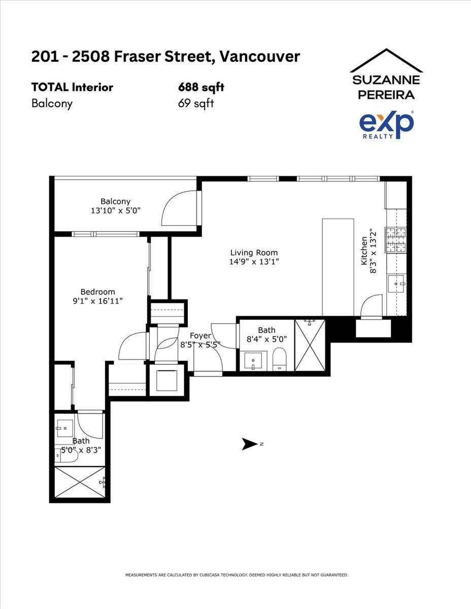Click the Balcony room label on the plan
[x=115, y=201]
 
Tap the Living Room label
[x=254, y=253]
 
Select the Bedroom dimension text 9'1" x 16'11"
[x=98, y=301]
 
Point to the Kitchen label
[x=364, y=251]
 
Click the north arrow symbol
[x=250, y=444]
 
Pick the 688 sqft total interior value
[x=201, y=87]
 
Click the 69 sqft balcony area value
[x=196, y=103]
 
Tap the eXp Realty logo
[x=386, y=125]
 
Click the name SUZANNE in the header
[x=386, y=80]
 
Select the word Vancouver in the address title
[x=259, y=57]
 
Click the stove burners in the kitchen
[x=395, y=240]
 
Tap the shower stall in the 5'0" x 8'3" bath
[x=80, y=482]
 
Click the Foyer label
[x=200, y=336]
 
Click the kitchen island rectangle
[x=338, y=267]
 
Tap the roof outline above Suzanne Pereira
[x=386, y=60]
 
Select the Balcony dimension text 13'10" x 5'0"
[x=115, y=211]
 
